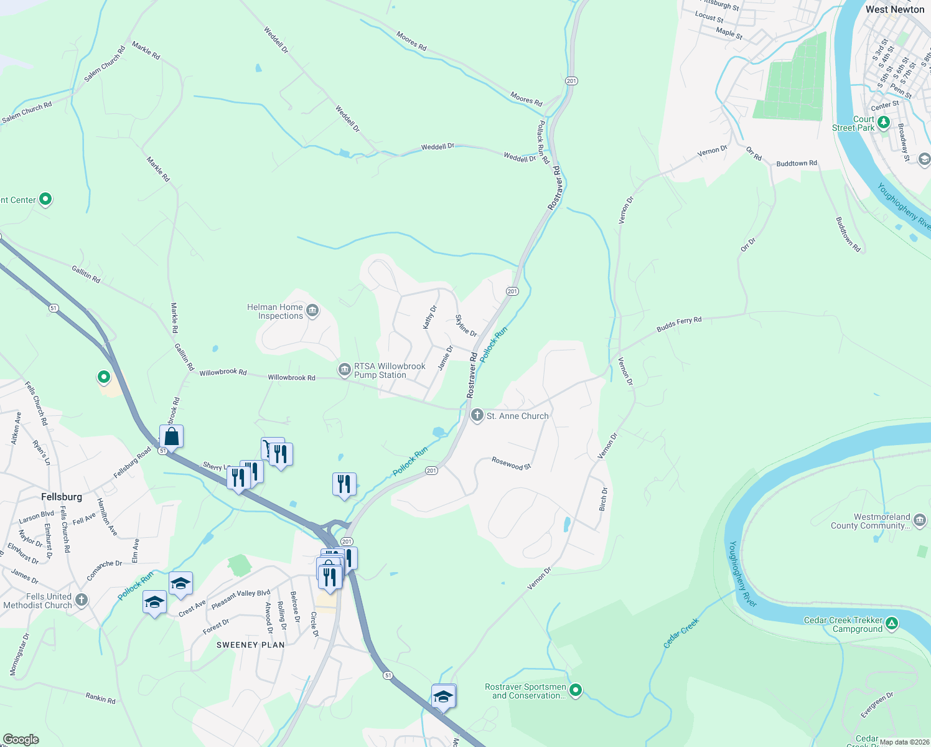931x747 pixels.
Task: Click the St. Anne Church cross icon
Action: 477,415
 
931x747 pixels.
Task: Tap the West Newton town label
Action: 894,9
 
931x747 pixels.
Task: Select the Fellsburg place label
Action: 62,496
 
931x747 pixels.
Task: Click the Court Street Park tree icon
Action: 884,120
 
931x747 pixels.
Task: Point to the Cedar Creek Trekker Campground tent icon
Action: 892,623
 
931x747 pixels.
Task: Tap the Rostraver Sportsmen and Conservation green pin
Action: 576,690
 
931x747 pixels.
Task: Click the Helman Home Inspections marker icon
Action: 312,310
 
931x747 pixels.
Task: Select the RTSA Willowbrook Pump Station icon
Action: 344,370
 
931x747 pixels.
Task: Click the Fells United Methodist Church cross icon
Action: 82,600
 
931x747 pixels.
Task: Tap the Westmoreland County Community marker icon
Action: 919,520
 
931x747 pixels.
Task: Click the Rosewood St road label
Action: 512,463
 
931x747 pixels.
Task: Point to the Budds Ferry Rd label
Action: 679,324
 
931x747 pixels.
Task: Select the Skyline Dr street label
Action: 466,326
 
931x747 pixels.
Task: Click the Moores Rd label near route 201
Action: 526,98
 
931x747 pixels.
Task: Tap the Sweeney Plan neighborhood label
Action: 250,645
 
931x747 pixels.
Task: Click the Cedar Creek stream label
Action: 681,632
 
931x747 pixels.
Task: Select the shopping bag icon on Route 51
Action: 171,436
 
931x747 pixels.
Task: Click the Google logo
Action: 21,739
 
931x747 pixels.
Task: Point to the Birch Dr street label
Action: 603,499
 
